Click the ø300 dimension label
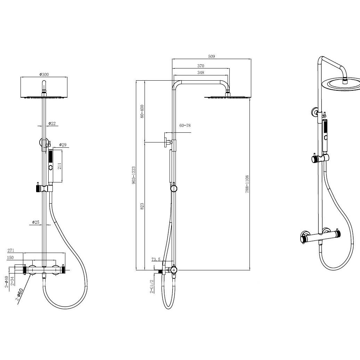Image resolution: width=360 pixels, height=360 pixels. pos(44,74)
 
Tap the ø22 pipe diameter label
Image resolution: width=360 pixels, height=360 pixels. pos(52,123)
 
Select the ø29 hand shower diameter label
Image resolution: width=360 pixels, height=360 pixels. pos(63,145)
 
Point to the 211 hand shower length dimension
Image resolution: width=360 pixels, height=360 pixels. pos(59,166)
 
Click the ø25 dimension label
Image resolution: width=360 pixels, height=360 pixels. pos(35,222)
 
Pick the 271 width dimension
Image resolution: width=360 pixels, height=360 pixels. pos(11,250)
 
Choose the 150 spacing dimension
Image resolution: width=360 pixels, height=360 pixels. pos(10,257)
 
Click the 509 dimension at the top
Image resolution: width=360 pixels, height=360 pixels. pos(212,56)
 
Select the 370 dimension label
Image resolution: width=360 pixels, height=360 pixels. pos(201,66)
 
